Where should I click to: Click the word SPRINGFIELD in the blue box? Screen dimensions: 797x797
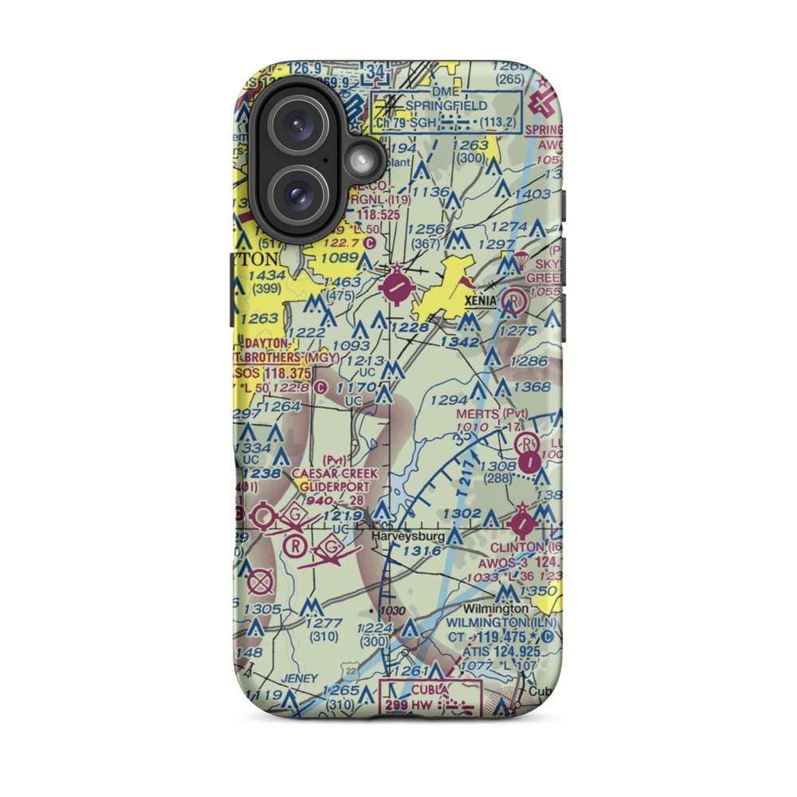[446, 105]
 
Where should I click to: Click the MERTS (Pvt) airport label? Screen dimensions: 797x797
[492, 414]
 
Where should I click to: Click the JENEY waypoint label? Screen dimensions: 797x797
[299, 678]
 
